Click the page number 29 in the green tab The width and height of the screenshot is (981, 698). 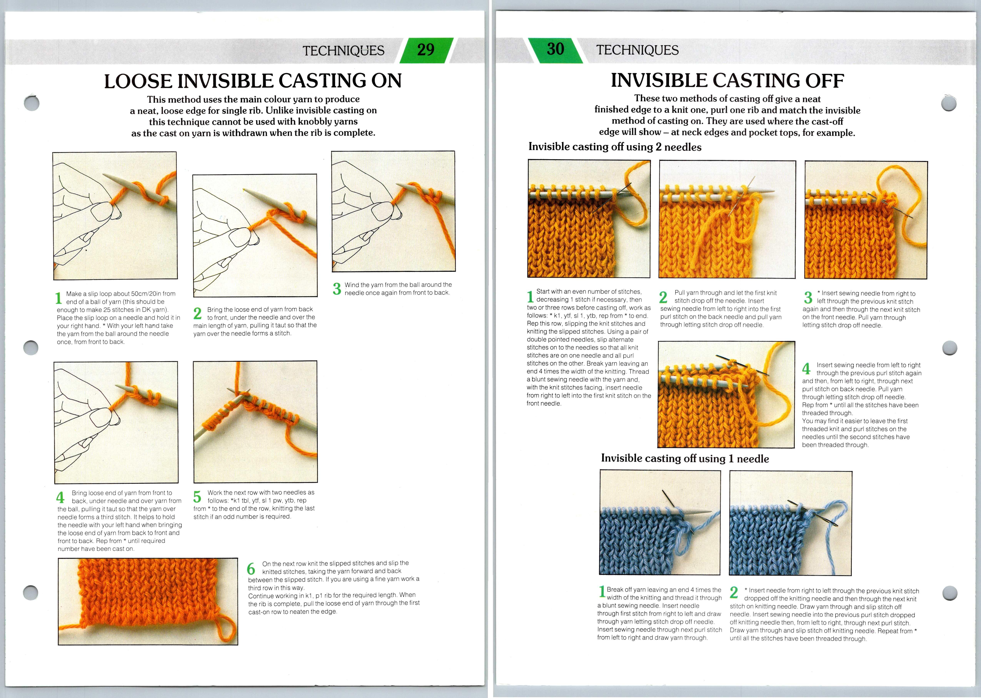425,50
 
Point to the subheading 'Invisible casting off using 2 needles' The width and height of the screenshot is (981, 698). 614,147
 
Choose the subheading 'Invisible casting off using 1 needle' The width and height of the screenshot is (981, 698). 685,459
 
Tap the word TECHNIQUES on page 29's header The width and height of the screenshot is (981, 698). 343,51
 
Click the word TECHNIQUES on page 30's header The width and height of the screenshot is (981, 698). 637,50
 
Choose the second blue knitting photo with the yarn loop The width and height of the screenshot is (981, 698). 790,523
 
